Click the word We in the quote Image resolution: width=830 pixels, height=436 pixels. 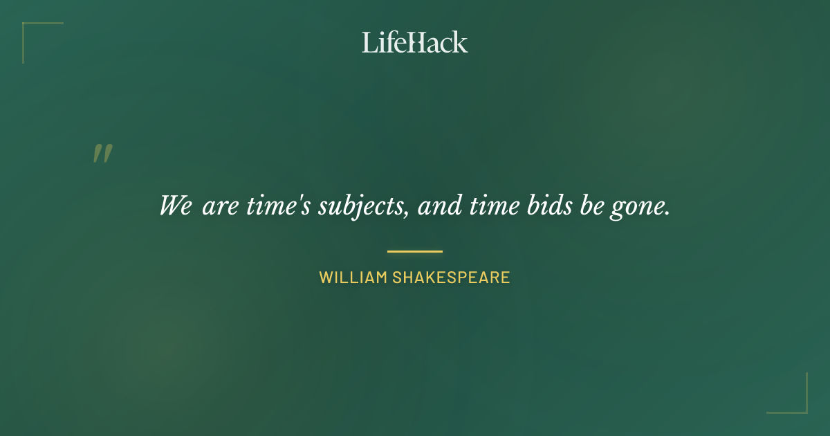pos(175,206)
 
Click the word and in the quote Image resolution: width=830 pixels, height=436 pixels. pos(440,206)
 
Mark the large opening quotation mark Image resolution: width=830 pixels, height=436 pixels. pos(102,154)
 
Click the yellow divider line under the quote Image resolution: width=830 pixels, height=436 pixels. pos(415,251)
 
